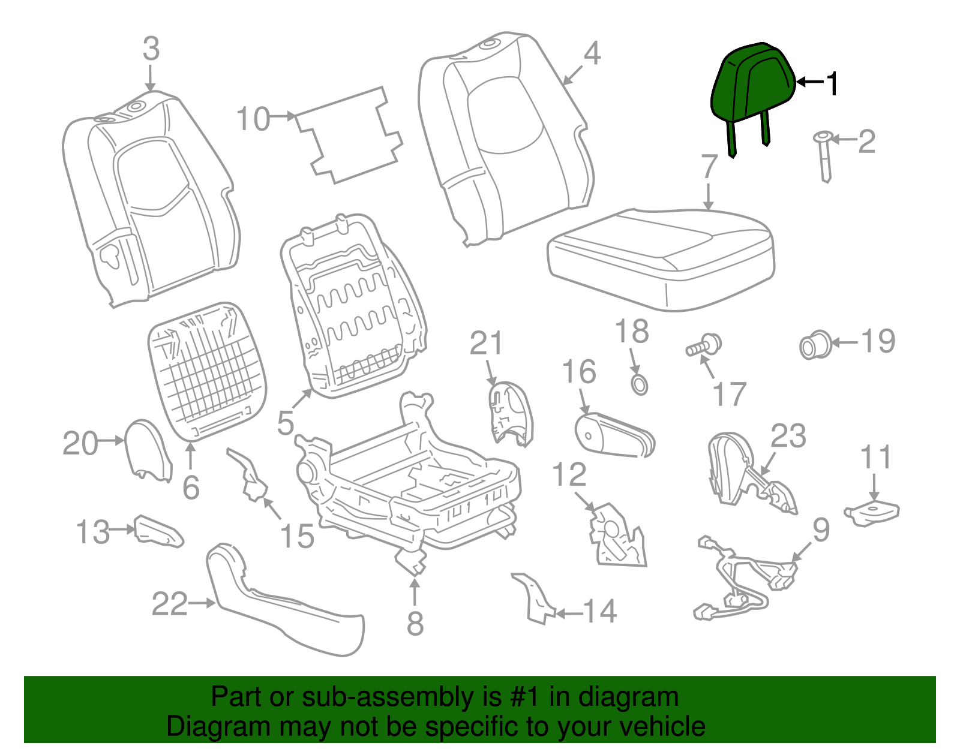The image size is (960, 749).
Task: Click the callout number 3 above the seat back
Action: pyautogui.click(x=151, y=49)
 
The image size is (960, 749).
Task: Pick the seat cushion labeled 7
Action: pyautogui.click(x=660, y=258)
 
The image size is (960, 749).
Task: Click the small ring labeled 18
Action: pyautogui.click(x=640, y=384)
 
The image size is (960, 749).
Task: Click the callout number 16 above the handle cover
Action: pyautogui.click(x=579, y=372)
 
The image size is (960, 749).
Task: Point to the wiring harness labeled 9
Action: pyautogui.click(x=744, y=576)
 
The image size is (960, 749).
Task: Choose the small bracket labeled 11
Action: pyautogui.click(x=873, y=513)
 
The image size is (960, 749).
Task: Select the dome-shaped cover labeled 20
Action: pyautogui.click(x=147, y=450)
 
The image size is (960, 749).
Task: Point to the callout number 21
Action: pyautogui.click(x=485, y=344)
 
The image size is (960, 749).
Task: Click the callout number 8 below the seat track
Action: pyautogui.click(x=415, y=624)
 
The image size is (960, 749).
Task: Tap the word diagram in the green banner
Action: pyautogui.click(x=642, y=697)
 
